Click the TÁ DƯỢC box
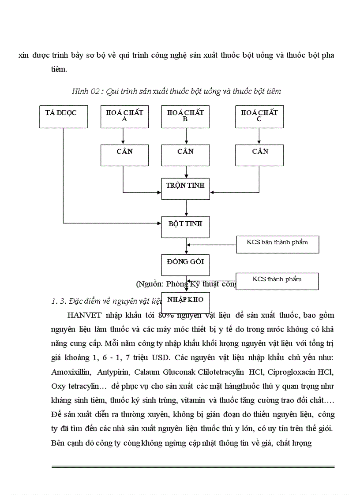point(64,116)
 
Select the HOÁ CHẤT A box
point(124,116)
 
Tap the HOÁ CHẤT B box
point(185,116)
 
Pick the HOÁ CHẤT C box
point(259,116)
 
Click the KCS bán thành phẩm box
point(277,244)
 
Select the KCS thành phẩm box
point(277,281)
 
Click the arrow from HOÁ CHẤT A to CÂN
point(124,136)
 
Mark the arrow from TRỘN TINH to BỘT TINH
point(187,208)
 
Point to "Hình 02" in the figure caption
point(84,91)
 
